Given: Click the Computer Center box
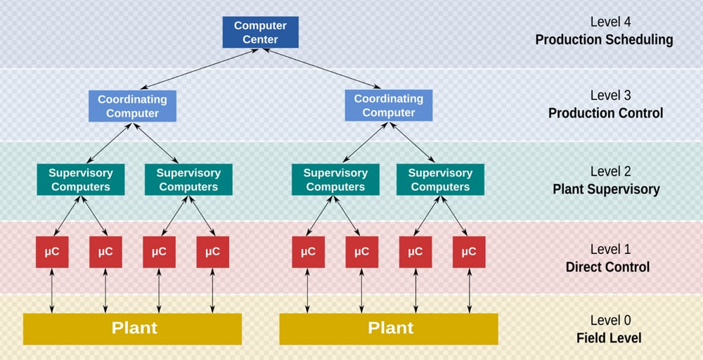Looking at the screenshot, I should tap(260, 32).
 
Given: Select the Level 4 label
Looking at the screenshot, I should tap(605, 22).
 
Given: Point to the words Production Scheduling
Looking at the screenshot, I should tap(604, 39).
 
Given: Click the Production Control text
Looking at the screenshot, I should tap(605, 113).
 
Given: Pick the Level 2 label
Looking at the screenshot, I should tap(605, 172).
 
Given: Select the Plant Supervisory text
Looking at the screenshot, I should tap(606, 189).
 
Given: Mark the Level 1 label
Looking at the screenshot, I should tap(605, 249).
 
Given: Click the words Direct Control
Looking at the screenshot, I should tap(607, 267).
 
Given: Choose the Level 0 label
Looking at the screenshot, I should tap(605, 320).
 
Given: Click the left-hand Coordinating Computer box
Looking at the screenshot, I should tap(133, 106).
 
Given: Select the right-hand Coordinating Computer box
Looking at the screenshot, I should tap(389, 105).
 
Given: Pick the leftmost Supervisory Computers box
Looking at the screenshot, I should tap(81, 179).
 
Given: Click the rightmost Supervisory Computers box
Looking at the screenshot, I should tap(440, 179).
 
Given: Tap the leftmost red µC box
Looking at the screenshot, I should tap(52, 252).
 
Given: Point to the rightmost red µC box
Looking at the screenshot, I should tap(470, 252).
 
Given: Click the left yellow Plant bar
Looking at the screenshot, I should tap(132, 328).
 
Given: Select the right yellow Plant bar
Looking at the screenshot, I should tap(389, 328).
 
